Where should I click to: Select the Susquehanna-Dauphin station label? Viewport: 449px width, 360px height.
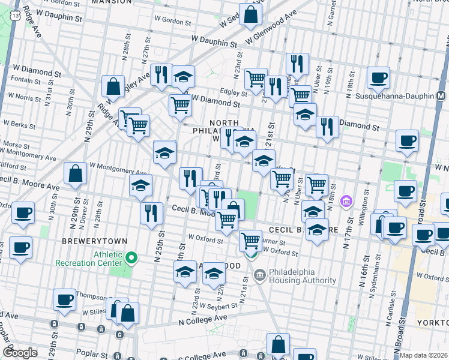tap(397, 96)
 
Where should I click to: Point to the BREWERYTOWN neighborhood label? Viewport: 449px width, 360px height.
tap(95, 241)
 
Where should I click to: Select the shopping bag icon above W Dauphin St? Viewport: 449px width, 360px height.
tap(251, 13)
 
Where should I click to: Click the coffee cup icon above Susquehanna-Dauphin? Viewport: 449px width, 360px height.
tap(378, 77)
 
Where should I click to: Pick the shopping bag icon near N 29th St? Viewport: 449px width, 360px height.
tap(76, 173)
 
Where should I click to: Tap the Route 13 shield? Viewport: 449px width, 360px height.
tap(14, 13)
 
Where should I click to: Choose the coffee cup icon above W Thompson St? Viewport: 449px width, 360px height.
tap(64, 299)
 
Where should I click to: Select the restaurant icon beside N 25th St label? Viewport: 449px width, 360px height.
tap(151, 213)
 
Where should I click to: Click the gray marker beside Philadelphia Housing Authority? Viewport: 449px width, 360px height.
tap(259, 277)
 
